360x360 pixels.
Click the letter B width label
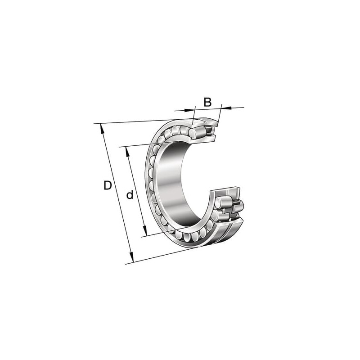[207, 102]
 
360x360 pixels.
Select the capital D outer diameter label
[108, 185]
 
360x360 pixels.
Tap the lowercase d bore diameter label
[130, 195]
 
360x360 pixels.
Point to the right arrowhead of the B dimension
[226, 107]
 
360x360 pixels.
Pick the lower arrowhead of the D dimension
[131, 257]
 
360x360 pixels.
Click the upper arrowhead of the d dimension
[127, 152]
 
